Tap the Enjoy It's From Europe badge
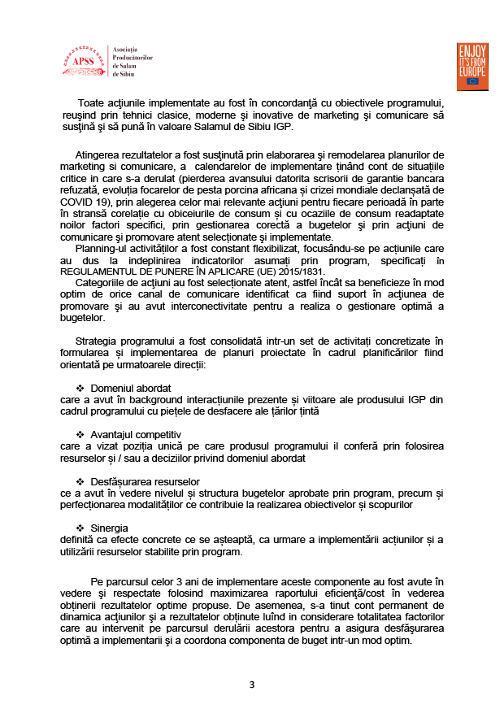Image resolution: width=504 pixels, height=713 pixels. pyautogui.click(x=472, y=66)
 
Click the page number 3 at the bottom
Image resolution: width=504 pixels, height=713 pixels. pyautogui.click(x=252, y=685)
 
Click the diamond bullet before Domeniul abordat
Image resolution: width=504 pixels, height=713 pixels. pyautogui.click(x=80, y=388)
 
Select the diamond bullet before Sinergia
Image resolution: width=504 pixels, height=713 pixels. pyautogui.click(x=80, y=527)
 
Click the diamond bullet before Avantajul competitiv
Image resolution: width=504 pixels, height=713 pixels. pyautogui.click(x=80, y=434)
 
